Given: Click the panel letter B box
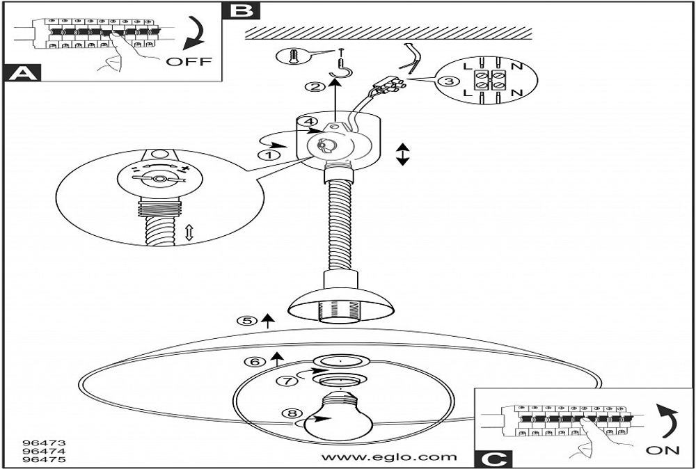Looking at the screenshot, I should pos(239,10).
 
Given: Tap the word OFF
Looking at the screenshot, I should pos(189,61).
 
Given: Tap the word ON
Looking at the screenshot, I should pos(662,450).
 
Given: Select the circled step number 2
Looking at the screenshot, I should pos(315,87).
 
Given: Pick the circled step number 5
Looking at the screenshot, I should pos(246,321).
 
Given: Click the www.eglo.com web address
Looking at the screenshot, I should pos(389,457).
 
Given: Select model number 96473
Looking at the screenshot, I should pos(39,442).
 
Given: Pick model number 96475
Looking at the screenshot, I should pos(39,459).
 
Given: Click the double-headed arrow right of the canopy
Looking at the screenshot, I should pos(402,154).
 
